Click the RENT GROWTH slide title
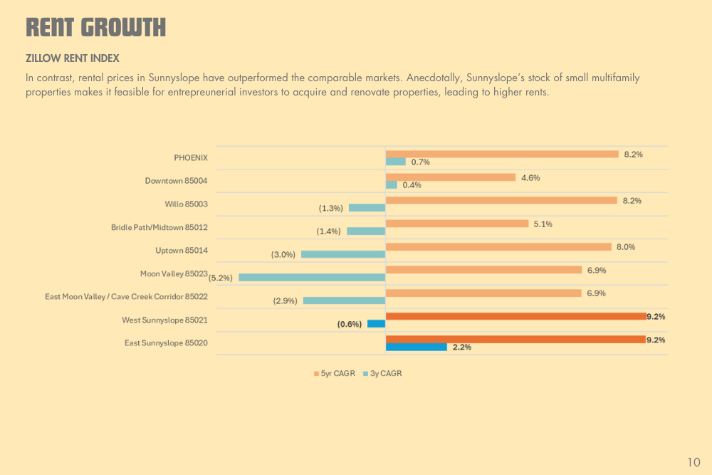point(95,28)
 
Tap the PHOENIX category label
point(191,158)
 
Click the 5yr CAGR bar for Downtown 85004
point(451,177)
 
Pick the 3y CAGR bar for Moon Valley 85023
point(312,277)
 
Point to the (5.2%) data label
point(221,278)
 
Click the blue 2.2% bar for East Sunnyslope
point(417,347)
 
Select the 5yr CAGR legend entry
point(333,373)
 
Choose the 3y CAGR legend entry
point(382,373)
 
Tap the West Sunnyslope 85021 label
point(164,320)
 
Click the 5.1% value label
point(543,224)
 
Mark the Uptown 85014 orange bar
point(498,247)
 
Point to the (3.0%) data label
point(283,254)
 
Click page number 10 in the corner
point(694,462)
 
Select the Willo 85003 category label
point(187,204)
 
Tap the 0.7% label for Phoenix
point(420,162)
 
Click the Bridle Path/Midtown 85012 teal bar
point(366,231)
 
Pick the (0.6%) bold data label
point(350,324)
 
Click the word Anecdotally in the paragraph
point(434,78)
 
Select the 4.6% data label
point(530,177)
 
